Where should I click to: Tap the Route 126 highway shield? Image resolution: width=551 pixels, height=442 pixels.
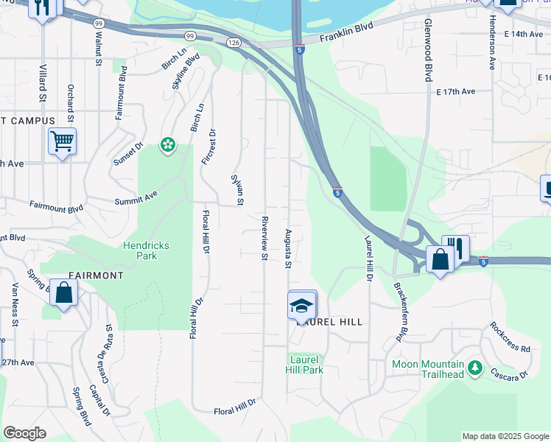tap(234, 44)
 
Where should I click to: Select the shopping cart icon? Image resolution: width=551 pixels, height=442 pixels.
tap(62, 140)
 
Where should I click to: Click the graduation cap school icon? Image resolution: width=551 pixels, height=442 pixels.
tap(301, 305)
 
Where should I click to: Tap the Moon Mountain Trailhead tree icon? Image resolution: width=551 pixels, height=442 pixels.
tap(475, 366)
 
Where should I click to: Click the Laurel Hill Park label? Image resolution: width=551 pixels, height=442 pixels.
tap(304, 365)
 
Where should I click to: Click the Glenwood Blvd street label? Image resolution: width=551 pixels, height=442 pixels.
tap(427, 51)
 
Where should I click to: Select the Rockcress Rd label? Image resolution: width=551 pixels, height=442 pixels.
tap(510, 337)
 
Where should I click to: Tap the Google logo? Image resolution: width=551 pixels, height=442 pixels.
tap(24, 433)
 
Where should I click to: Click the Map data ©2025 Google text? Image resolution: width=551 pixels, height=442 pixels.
tap(505, 436)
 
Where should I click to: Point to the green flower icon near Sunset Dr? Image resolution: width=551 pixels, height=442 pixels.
tap(169, 145)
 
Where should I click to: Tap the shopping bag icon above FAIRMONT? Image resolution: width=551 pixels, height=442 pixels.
tap(65, 292)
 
